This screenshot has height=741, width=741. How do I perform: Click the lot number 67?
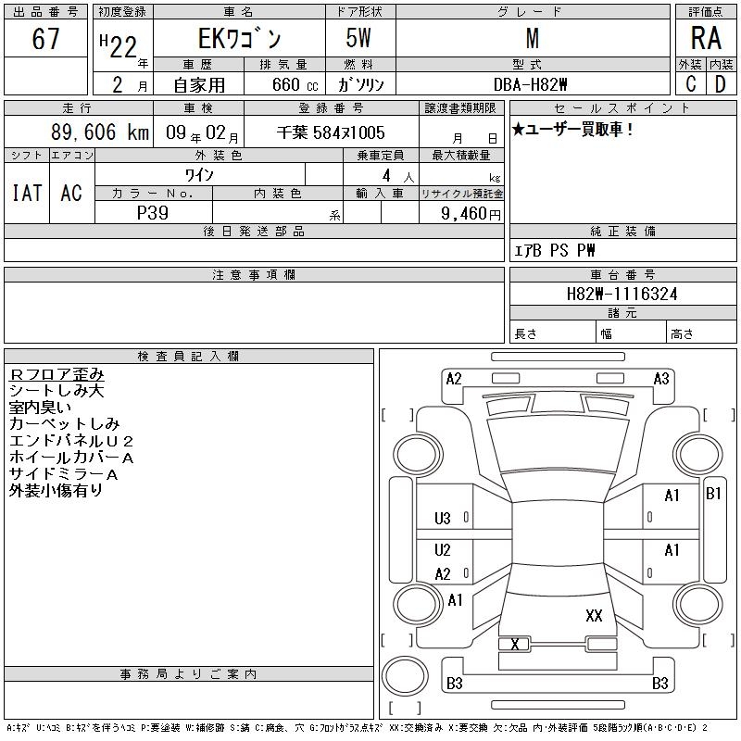pyautogui.click(x=45, y=39)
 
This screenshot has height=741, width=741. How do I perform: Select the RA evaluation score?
pyautogui.click(x=706, y=39)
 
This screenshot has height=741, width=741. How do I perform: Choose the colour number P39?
pyautogui.click(x=153, y=212)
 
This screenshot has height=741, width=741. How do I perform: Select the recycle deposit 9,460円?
pyautogui.click(x=472, y=213)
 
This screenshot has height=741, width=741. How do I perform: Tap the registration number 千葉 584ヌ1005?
pyautogui.click(x=331, y=133)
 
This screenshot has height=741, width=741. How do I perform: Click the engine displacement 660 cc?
pyautogui.click(x=290, y=84)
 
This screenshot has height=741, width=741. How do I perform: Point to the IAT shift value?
pyautogui.click(x=26, y=193)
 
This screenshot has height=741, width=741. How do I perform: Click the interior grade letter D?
pyautogui.click(x=720, y=84)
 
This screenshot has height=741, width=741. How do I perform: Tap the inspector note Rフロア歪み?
pyautogui.click(x=57, y=374)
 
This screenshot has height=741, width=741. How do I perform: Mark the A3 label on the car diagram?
pyautogui.click(x=660, y=378)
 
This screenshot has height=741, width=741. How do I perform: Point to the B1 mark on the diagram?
pyautogui.click(x=713, y=494)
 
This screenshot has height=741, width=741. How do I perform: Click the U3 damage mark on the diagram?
pyautogui.click(x=442, y=518)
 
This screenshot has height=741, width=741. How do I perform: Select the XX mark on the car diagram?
pyautogui.click(x=594, y=616)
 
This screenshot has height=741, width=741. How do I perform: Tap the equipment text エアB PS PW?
pyautogui.click(x=555, y=250)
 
